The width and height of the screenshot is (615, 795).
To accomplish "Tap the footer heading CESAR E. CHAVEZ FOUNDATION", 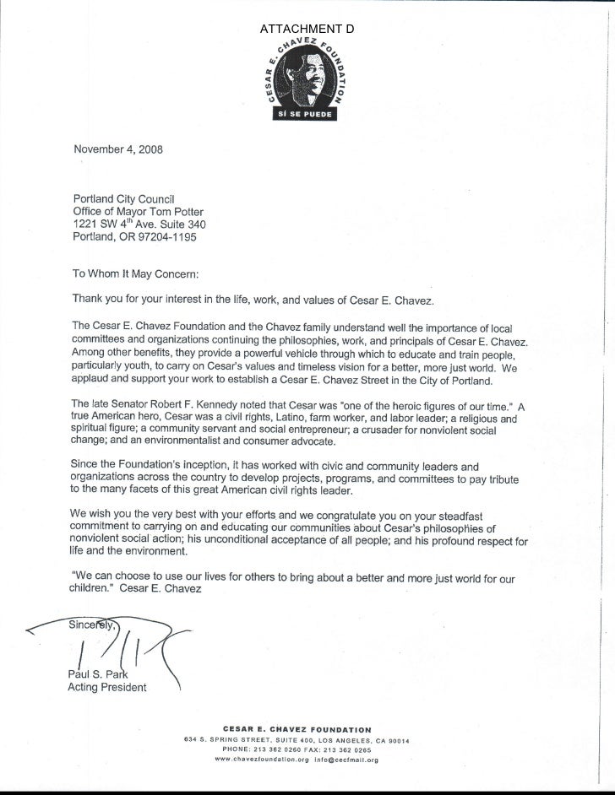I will pyautogui.click(x=296, y=729).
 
